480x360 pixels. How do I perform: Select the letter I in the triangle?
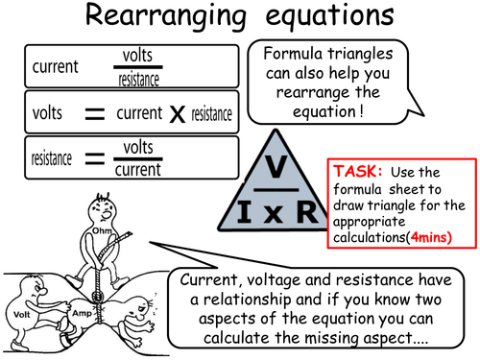click(x=240, y=207)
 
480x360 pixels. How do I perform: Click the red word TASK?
click(x=356, y=170)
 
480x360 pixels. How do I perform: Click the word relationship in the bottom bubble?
click(x=262, y=301)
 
